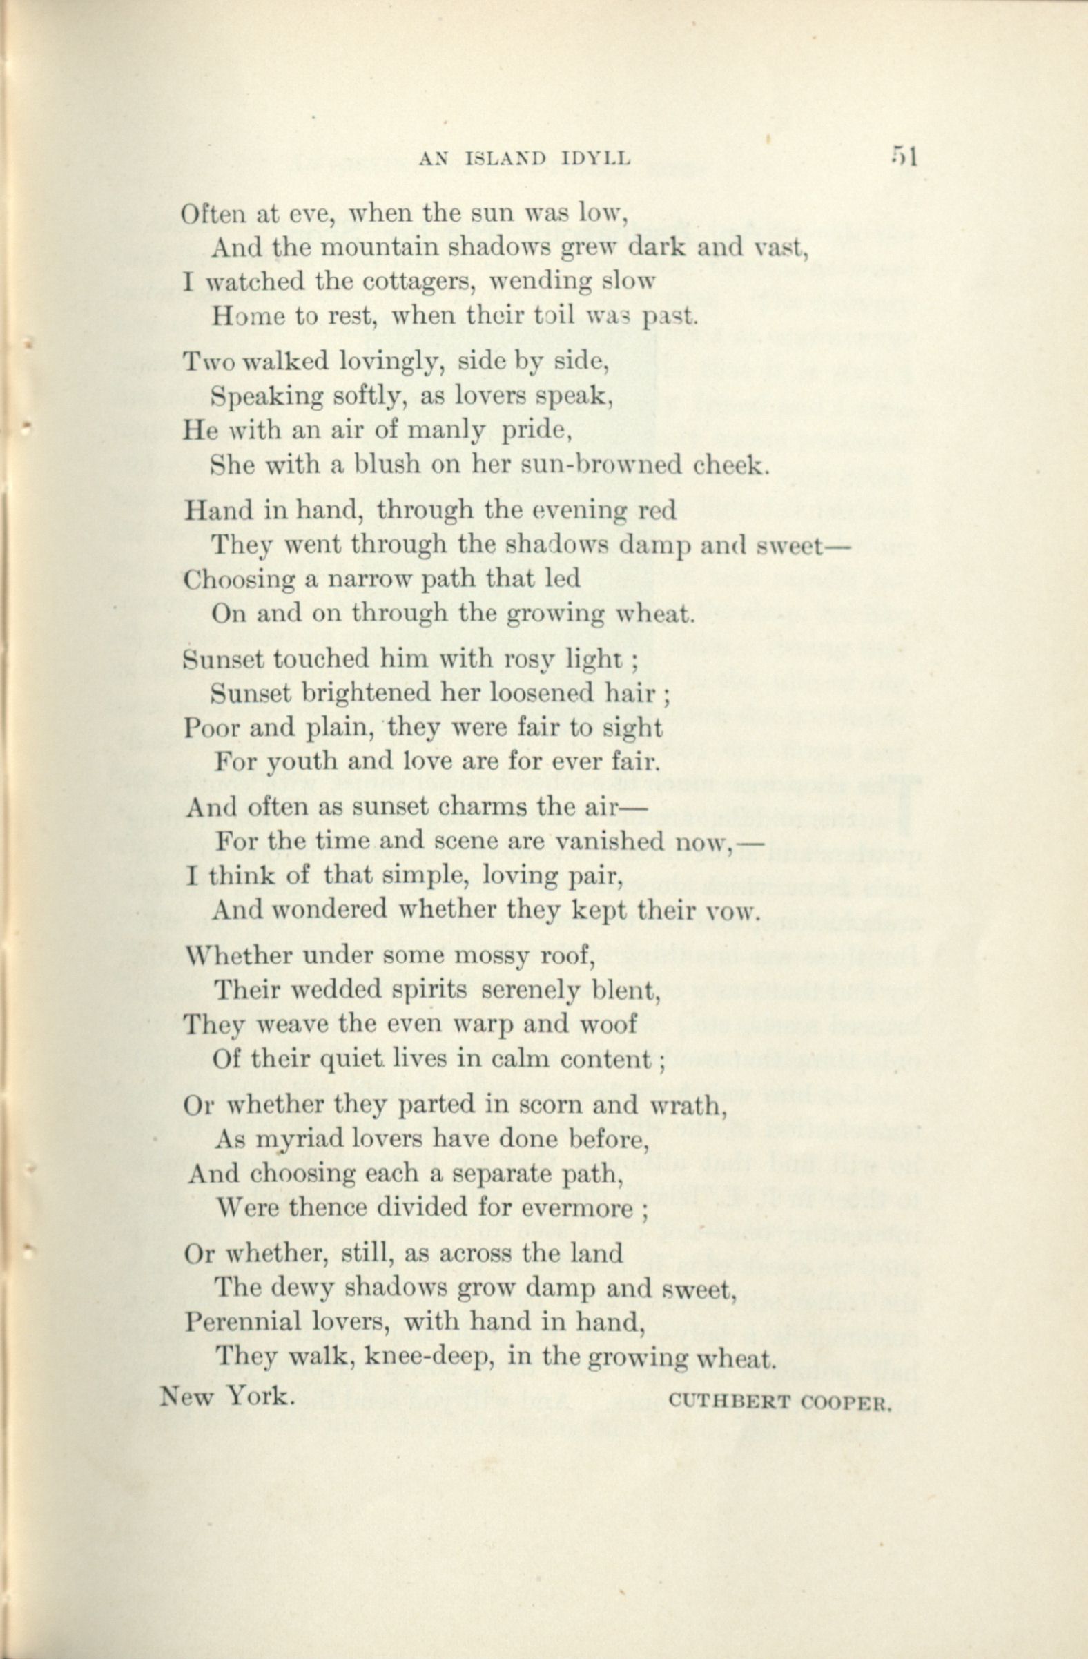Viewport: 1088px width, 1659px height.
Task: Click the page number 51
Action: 903,157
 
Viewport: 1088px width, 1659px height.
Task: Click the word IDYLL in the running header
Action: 596,159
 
